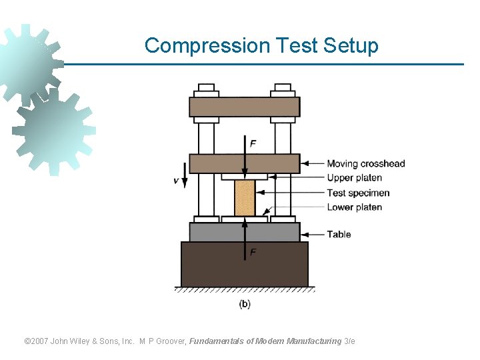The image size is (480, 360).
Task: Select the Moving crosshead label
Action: click(x=365, y=163)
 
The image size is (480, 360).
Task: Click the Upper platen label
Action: click(x=354, y=178)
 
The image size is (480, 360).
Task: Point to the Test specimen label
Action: click(x=358, y=193)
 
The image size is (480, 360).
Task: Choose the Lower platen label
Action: click(x=354, y=207)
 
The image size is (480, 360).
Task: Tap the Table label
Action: click(x=339, y=234)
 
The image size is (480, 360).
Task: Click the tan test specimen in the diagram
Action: click(x=245, y=197)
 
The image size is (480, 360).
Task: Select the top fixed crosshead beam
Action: click(x=244, y=107)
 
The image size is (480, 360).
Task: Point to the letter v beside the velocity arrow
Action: click(x=176, y=180)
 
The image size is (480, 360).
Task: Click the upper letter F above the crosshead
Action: click(x=253, y=143)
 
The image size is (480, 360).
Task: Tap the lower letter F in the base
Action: click(x=253, y=253)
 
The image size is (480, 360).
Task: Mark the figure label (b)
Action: click(x=245, y=304)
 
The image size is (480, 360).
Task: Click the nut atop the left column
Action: click(x=206, y=87)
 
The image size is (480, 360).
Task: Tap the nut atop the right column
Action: click(x=283, y=87)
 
